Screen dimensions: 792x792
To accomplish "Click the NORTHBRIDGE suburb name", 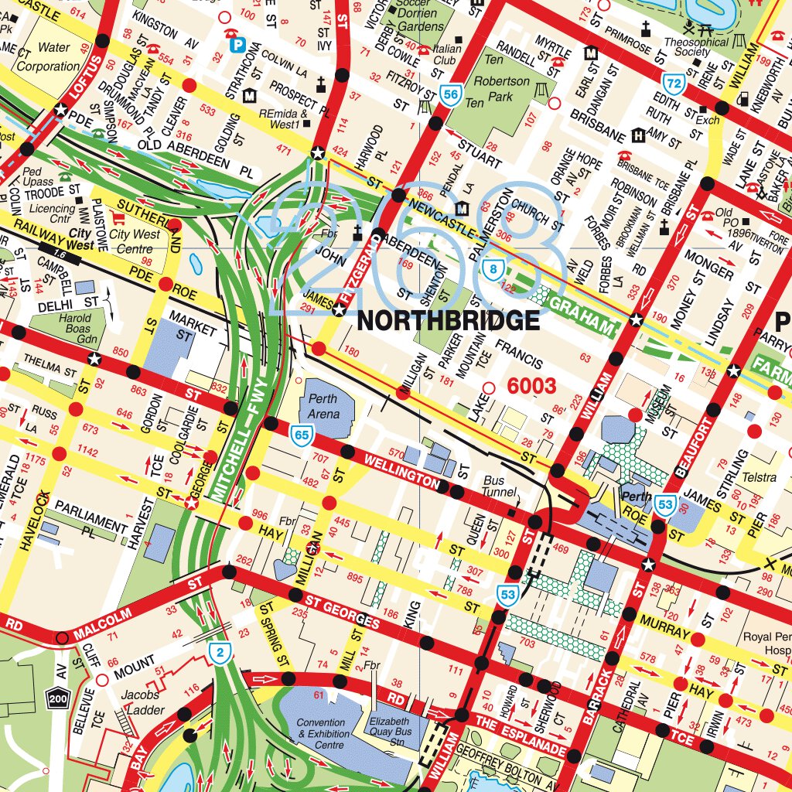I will (448, 320).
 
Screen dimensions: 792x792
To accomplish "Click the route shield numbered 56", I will (450, 95).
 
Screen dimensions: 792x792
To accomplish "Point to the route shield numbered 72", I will (674, 82).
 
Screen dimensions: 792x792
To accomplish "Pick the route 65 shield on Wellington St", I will (302, 436).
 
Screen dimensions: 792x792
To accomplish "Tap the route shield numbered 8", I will (493, 269).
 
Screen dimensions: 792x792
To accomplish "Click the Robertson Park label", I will (503, 89).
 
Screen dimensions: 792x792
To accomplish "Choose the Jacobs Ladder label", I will (140, 702).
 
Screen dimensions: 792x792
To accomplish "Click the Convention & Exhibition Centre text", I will (321, 734).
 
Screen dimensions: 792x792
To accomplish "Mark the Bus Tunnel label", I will (493, 486).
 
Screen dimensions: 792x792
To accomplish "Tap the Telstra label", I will (758, 478).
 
